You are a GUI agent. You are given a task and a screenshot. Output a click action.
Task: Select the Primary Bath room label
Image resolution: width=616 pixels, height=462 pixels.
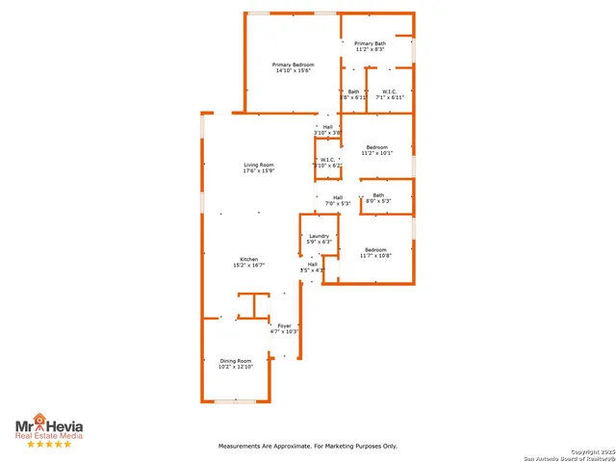[370, 43]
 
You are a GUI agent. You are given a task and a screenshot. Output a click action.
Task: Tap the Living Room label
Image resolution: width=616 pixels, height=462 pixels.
[258, 166]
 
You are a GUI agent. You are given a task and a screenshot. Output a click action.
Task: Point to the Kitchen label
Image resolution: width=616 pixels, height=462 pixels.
[248, 259]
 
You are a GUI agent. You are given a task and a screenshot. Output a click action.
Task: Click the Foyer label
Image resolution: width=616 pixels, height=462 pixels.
[285, 326]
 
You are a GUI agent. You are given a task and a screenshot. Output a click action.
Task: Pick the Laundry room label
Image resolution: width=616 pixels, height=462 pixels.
[319, 236]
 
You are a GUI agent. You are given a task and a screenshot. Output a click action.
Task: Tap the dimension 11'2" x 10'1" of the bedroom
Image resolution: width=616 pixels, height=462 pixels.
[376, 153]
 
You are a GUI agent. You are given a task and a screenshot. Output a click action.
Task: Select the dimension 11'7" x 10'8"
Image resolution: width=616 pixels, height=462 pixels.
[375, 255]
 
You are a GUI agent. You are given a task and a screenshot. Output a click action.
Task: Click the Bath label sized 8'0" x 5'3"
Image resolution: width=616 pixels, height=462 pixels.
[378, 195]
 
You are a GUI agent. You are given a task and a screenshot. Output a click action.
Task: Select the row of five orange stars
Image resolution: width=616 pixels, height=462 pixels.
[48, 444]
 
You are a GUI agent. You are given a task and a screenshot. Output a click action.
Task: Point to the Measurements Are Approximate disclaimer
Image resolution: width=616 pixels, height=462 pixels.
[308, 446]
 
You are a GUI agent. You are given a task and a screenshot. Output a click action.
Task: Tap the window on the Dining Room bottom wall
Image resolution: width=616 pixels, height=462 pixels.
[234, 400]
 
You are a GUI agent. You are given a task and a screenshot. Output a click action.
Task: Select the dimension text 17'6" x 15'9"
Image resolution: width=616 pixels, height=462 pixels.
[258, 172]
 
